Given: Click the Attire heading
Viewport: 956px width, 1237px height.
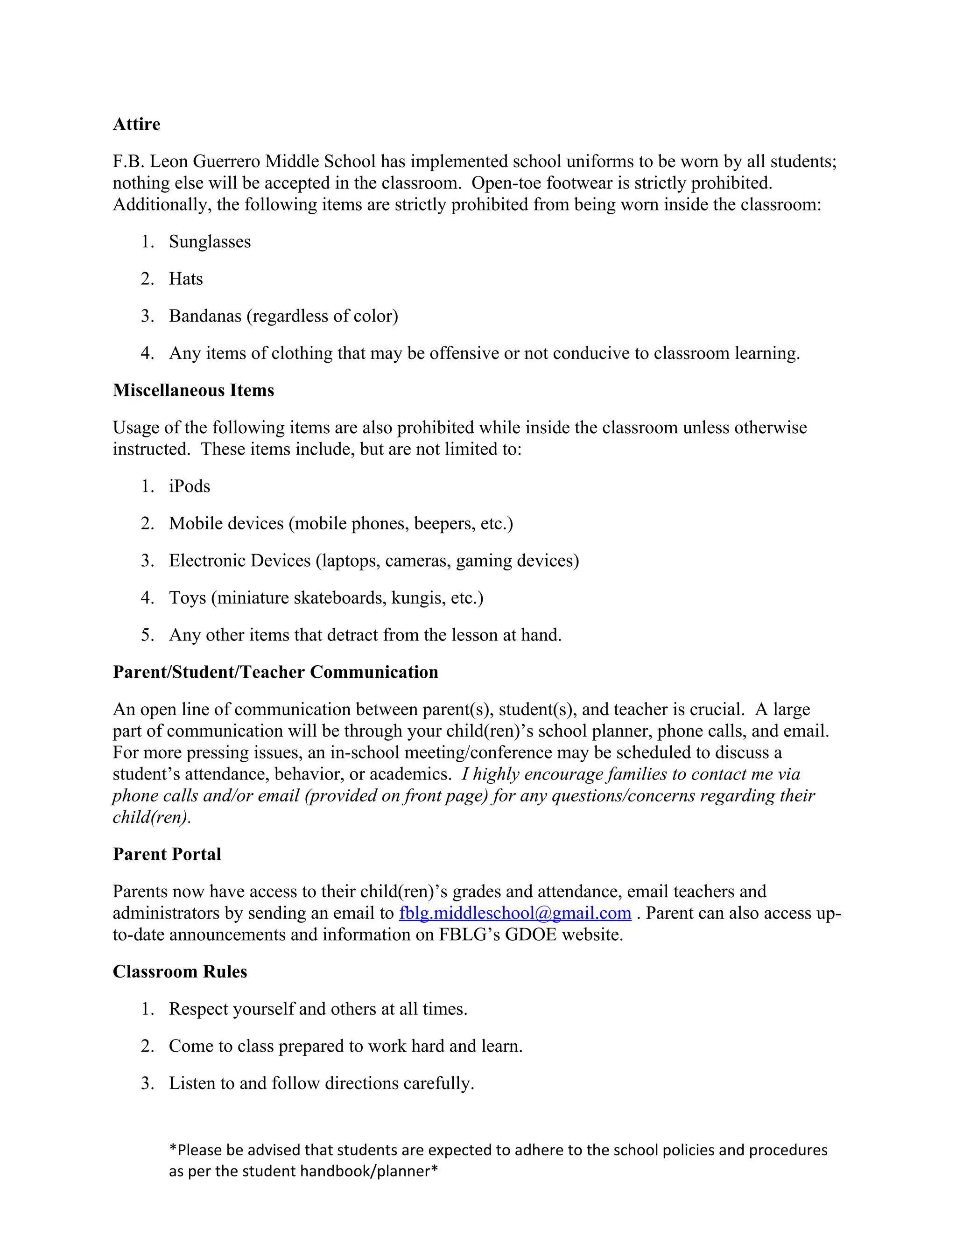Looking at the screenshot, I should [136, 124].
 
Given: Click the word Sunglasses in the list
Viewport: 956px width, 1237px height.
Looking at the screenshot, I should [210, 242].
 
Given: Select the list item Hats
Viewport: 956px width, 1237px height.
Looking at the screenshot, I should [186, 279].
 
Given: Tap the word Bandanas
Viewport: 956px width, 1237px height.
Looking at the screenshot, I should [204, 316].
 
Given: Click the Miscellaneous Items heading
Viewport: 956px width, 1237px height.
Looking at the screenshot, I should [193, 390].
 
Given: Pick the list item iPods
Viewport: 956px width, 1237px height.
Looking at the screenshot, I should [189, 486].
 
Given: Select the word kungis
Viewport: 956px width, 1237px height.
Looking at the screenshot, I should [417, 598].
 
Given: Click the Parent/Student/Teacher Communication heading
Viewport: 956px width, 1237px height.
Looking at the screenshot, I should [275, 672].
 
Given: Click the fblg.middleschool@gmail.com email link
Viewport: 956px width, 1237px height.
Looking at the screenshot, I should [515, 913].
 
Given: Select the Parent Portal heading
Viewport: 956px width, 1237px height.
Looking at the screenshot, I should [167, 854].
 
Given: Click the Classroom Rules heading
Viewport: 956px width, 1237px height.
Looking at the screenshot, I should [180, 972].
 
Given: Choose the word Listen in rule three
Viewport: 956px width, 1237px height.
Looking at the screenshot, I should [192, 1083].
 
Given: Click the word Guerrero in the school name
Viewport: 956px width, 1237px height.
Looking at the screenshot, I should [226, 162].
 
